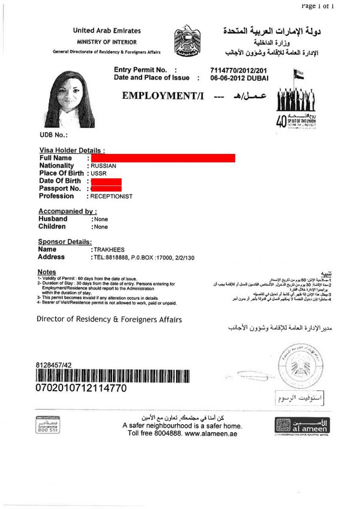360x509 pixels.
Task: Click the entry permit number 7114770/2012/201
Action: pos(238,70)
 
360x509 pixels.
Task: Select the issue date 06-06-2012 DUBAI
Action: pos(239,78)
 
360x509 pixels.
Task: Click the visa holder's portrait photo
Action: pos(69,99)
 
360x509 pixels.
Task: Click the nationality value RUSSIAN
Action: pos(103,166)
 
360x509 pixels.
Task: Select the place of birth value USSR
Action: pos(99,173)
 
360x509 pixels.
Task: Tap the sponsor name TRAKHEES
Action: pos(109,250)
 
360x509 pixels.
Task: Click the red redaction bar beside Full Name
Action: pos(163,158)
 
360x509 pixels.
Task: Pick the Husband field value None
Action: pos(101,219)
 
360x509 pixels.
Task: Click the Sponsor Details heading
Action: pos(65,242)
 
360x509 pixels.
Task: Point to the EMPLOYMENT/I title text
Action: pos(163,96)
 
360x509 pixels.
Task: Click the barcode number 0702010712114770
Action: pos(81,388)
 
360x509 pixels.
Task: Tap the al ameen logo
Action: pos(302,426)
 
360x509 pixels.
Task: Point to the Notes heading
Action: pos(47,272)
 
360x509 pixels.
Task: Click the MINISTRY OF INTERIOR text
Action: pos(106,42)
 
